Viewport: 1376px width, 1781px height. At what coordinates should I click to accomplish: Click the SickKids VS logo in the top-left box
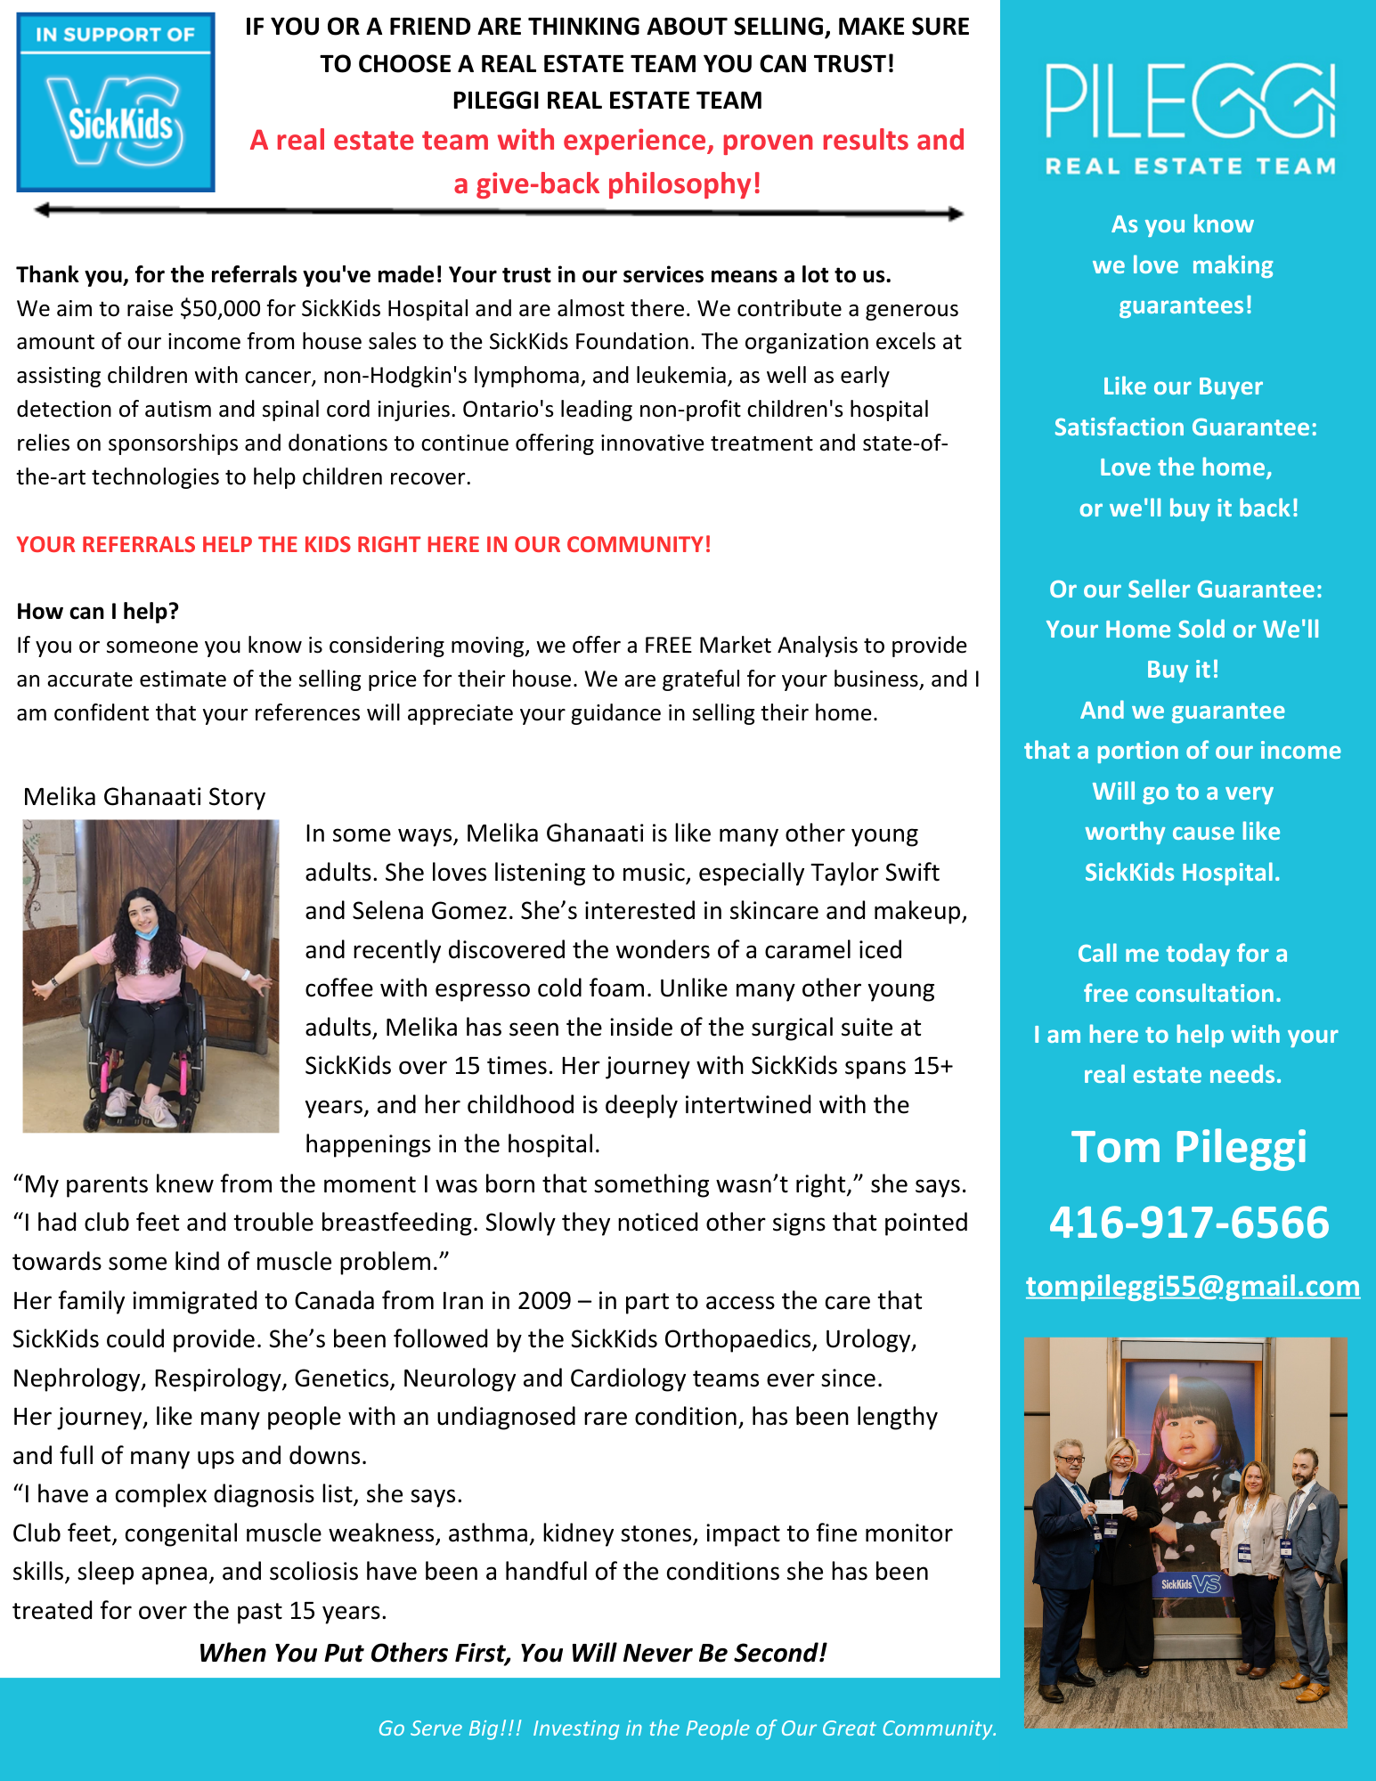(116, 121)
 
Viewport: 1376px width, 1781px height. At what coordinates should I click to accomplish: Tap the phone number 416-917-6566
(1189, 1222)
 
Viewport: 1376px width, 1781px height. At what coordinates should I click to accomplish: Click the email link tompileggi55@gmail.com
(1193, 1286)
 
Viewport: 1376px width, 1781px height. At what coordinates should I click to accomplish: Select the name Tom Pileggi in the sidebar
(1189, 1147)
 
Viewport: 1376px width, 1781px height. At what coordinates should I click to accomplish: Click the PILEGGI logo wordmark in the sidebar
(1190, 102)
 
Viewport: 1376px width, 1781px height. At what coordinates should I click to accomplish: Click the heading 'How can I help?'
(98, 612)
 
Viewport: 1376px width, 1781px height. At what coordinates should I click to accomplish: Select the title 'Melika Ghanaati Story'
(144, 796)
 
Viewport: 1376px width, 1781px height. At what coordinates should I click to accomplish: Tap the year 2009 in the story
(544, 1301)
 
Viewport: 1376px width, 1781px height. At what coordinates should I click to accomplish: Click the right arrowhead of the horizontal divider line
(955, 214)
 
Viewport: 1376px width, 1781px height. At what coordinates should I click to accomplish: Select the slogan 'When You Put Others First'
(512, 1653)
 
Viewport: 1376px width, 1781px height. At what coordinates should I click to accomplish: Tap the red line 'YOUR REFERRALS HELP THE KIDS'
(363, 544)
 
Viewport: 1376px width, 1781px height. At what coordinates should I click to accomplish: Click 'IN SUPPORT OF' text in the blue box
(115, 35)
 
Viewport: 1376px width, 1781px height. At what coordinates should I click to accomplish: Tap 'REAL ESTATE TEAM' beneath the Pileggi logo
(1190, 167)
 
